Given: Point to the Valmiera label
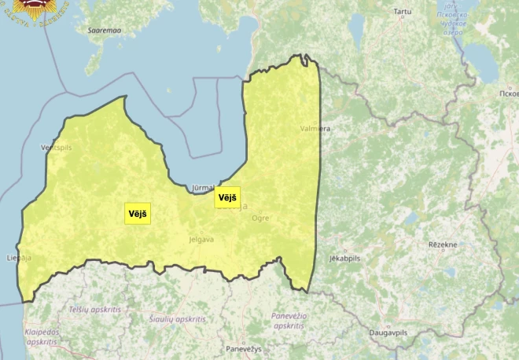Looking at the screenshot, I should coord(315,127).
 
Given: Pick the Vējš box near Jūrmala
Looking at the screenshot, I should coord(227,197).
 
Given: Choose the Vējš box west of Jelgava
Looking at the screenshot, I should coord(138,213).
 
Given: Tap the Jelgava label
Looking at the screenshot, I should coord(201,239).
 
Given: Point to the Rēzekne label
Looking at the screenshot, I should coord(442,245).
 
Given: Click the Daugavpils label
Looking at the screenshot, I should coord(388,333).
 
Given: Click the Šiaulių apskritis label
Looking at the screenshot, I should coord(177,319).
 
